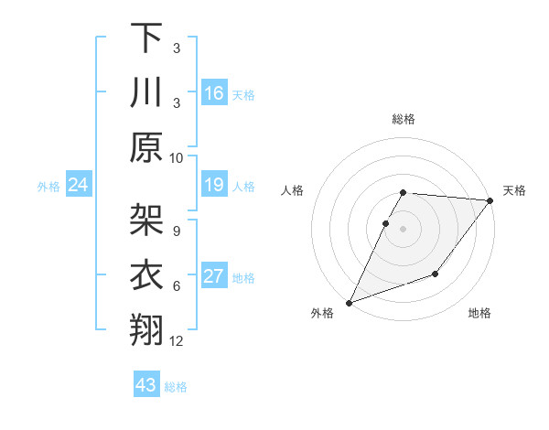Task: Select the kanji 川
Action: [146, 91]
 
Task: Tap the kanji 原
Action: [146, 146]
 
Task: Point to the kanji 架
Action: [146, 220]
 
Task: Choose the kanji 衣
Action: [146, 275]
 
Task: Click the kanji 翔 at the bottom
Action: [146, 330]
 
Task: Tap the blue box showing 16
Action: [214, 93]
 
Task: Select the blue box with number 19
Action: [214, 186]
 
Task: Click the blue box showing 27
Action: [214, 277]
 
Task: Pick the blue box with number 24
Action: [79, 186]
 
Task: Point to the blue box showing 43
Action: [146, 385]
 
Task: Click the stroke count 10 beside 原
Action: [177, 157]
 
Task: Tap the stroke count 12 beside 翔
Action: [177, 341]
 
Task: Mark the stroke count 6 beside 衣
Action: [176, 286]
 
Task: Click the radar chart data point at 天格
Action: [490, 201]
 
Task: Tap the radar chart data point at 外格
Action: [349, 303]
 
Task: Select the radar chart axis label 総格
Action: [404, 119]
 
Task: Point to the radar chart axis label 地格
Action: [479, 313]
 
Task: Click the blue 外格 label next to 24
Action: [48, 187]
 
